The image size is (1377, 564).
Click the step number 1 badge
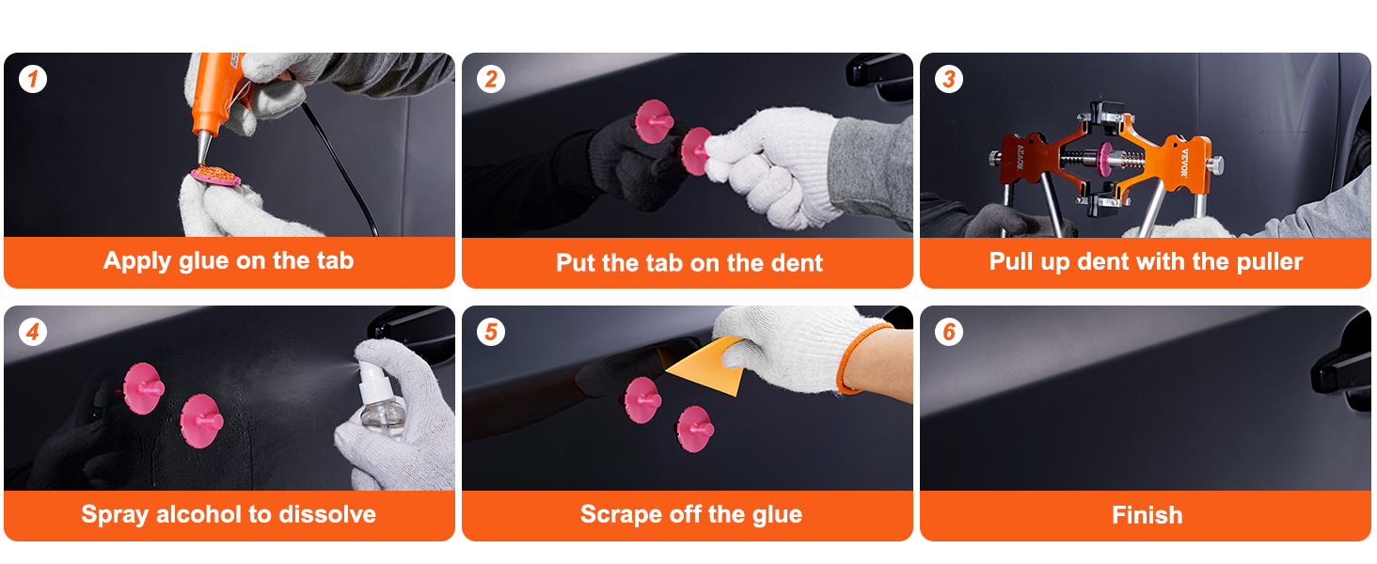[x=33, y=80]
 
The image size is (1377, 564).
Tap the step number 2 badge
[x=491, y=80]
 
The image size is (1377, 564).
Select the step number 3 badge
[x=948, y=80]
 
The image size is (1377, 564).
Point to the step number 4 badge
[x=33, y=333]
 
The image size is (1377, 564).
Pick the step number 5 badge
[x=491, y=333]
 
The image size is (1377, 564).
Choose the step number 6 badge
[x=948, y=333]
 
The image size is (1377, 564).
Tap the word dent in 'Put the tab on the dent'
[x=798, y=263]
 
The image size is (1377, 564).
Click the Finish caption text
[x=1147, y=515]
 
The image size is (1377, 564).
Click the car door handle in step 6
[x=1343, y=367]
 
